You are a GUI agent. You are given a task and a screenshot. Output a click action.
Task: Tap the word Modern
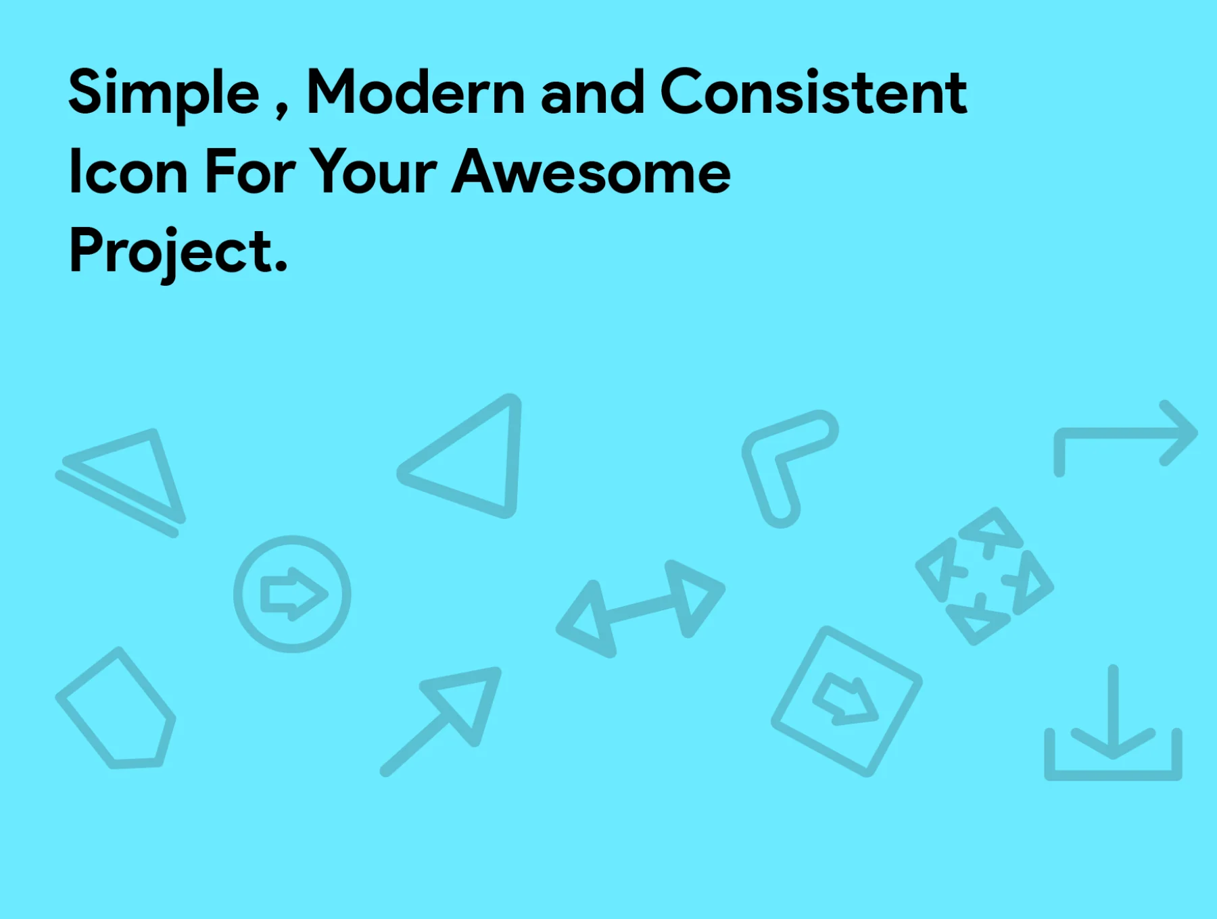pos(416,92)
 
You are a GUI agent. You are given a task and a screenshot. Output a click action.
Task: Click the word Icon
pos(128,172)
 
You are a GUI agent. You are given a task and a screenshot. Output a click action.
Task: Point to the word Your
pos(373,172)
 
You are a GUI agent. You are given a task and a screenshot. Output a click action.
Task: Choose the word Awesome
pos(592,172)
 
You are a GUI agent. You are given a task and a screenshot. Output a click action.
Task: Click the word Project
pos(178,251)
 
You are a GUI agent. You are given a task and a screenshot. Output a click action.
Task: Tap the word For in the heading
pos(249,172)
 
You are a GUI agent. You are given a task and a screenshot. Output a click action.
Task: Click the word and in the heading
pos(592,92)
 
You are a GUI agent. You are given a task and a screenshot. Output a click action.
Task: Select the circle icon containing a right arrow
pos(292,594)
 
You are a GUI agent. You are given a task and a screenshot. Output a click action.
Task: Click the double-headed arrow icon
pos(640,608)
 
